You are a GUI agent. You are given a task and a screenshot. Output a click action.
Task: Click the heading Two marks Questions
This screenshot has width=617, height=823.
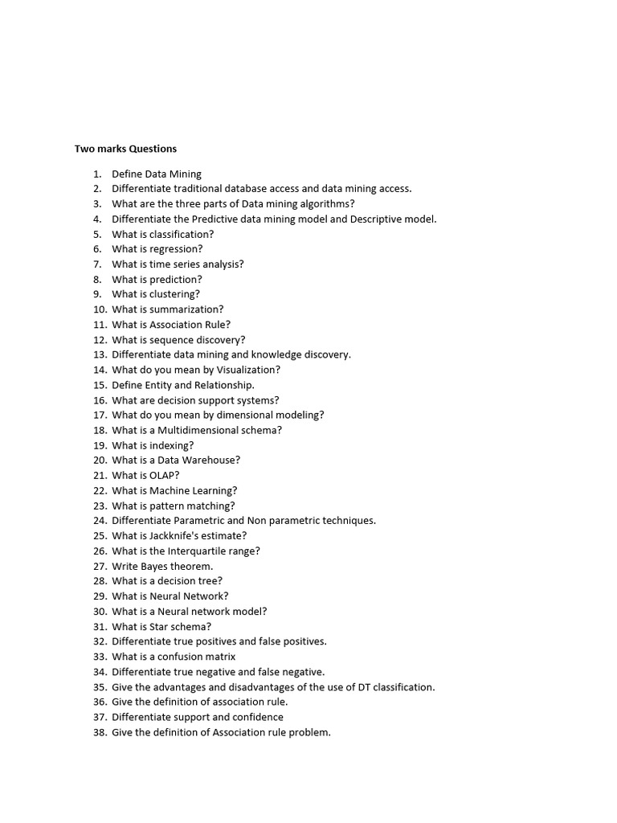click(x=125, y=149)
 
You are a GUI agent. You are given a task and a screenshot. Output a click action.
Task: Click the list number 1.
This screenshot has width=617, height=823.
click(x=97, y=174)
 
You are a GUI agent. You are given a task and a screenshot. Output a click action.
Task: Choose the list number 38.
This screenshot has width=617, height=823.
click(x=100, y=732)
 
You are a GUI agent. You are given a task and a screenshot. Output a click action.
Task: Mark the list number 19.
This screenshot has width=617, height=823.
click(x=100, y=445)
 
